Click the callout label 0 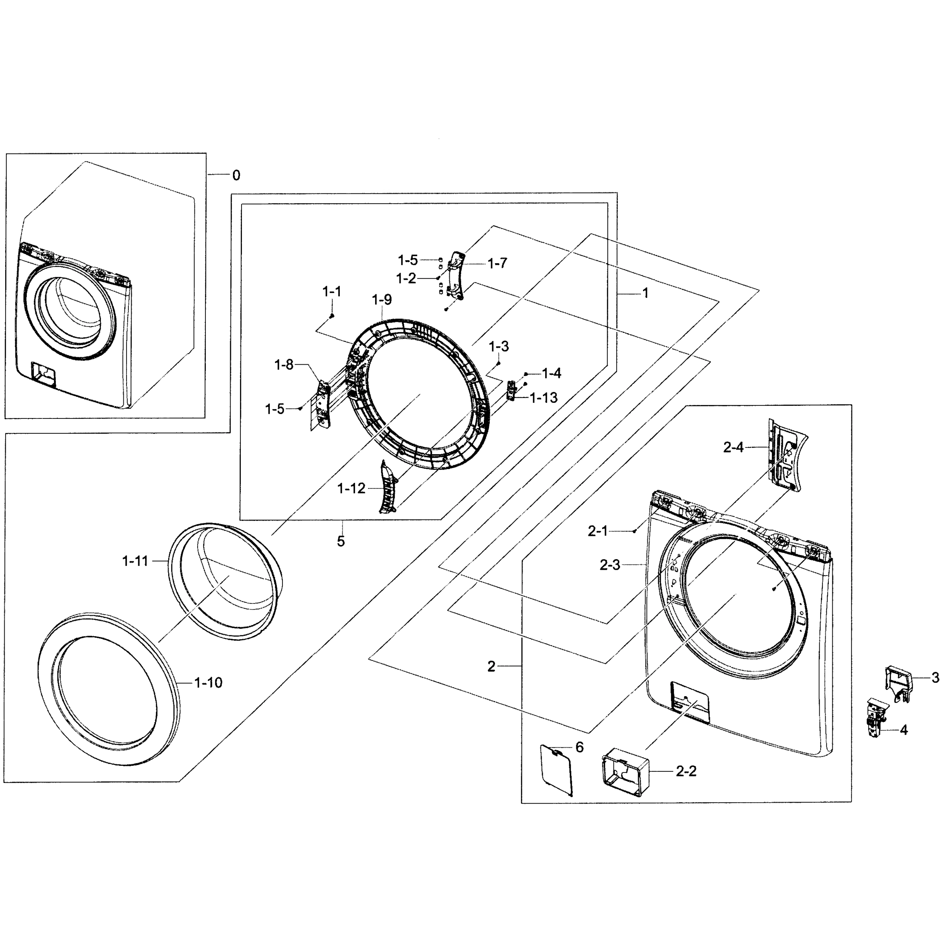click(x=236, y=175)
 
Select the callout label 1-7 click(x=497, y=263)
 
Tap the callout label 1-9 click(x=382, y=299)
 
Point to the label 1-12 click(x=352, y=488)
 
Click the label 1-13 click(x=544, y=398)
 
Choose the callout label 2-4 click(x=733, y=447)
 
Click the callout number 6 click(x=580, y=747)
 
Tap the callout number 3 click(x=935, y=678)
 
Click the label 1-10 click(x=208, y=682)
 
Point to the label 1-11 click(x=135, y=561)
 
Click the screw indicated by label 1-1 click(x=332, y=316)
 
